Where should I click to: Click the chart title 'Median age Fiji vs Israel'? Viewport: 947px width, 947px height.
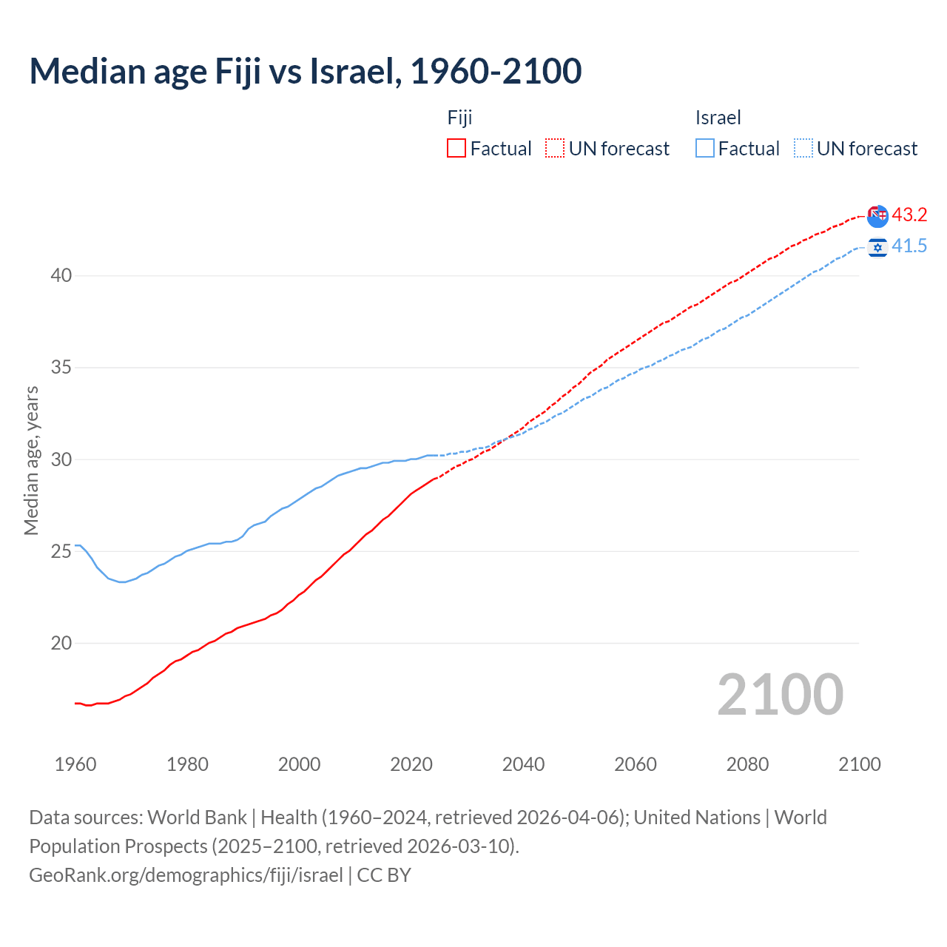click(305, 72)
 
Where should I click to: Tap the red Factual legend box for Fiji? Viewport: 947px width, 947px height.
click(456, 149)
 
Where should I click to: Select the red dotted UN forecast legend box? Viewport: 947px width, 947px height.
click(555, 149)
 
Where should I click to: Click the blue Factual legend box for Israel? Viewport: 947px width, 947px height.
click(705, 149)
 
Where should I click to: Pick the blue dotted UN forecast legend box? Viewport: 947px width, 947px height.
click(803, 149)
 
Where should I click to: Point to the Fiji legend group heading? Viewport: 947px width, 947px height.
click(459, 118)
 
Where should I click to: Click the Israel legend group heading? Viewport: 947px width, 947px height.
click(718, 118)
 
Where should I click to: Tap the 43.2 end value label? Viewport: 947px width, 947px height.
click(909, 215)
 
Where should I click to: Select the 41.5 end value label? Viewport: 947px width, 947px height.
click(909, 246)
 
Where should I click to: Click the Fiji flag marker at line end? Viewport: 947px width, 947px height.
click(877, 216)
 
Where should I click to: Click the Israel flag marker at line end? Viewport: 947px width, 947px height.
click(877, 247)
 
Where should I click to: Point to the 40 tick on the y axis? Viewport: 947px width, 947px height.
click(61, 276)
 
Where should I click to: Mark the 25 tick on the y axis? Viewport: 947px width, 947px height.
click(61, 552)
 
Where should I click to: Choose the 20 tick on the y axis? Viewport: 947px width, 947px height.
click(61, 644)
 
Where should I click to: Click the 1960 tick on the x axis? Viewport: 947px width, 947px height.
click(75, 764)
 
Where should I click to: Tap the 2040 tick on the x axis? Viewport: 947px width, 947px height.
click(523, 764)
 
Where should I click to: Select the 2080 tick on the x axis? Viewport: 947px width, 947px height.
click(747, 764)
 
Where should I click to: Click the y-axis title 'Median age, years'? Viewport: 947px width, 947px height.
click(31, 460)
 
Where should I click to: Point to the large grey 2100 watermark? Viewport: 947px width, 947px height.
click(780, 695)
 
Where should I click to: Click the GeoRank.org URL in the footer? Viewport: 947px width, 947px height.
click(186, 875)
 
